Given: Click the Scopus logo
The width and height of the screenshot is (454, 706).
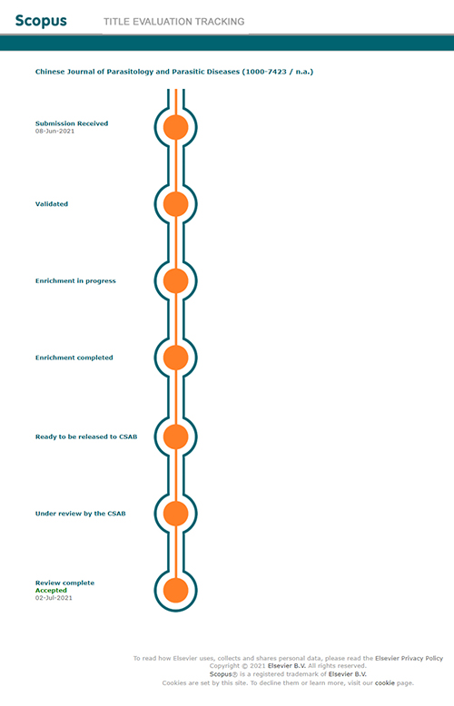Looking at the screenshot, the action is [x=41, y=21].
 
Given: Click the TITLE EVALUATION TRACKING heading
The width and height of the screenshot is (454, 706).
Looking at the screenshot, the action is [x=173, y=22].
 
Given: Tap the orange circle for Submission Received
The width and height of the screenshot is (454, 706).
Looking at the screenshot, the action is [x=175, y=127].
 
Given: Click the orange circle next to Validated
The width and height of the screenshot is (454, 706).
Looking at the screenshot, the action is [x=175, y=204].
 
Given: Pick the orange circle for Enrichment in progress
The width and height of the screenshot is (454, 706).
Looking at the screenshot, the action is [x=175, y=281].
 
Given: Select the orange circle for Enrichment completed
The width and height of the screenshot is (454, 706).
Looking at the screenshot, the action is [x=175, y=358].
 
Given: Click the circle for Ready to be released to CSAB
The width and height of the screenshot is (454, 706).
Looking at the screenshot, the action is [x=175, y=436].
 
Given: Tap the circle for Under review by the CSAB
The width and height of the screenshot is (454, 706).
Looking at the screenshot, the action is [x=175, y=514].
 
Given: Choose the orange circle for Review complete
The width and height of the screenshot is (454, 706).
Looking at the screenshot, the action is [x=175, y=590].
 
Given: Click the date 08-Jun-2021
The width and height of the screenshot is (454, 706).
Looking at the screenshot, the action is [x=55, y=131].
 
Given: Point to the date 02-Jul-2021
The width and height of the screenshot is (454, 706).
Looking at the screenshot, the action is [x=54, y=598].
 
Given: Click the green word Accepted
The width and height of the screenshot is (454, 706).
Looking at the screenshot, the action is [x=51, y=590].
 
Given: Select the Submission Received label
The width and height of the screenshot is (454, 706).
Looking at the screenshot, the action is [x=72, y=123].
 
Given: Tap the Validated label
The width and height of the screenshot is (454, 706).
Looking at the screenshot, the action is [x=52, y=204].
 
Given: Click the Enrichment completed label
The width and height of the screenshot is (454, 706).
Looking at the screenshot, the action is [x=74, y=358].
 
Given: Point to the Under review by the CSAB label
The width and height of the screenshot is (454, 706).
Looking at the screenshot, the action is [x=81, y=514].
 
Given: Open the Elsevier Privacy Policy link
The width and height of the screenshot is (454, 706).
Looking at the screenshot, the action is [x=409, y=658].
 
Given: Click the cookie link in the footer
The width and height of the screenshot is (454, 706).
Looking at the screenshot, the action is [x=385, y=683].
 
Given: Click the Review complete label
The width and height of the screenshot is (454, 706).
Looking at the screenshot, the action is [x=64, y=583].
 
